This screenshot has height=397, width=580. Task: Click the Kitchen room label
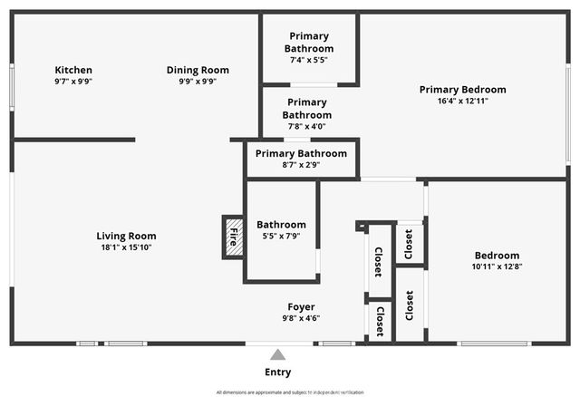point(73,70)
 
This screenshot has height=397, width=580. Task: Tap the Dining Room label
point(198,70)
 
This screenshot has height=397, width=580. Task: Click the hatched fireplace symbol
point(234,237)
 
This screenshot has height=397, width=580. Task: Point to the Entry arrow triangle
point(278,354)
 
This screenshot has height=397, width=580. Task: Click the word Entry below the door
point(278,373)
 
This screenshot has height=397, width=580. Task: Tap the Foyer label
point(301,306)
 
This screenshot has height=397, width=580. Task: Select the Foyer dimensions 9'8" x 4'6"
point(301,318)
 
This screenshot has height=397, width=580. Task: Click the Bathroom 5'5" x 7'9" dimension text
point(281,236)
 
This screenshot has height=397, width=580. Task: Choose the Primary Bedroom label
point(462,90)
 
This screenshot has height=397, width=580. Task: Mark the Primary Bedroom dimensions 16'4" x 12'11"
point(462,101)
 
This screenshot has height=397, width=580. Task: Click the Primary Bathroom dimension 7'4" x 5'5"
point(308,60)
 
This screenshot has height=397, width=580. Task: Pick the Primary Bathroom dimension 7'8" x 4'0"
point(306,126)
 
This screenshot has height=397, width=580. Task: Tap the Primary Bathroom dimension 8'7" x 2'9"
point(301,165)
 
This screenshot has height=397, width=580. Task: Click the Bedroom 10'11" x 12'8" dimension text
point(496,266)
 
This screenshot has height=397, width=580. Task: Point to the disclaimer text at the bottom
point(289,392)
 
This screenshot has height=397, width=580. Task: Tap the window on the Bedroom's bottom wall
point(495,344)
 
